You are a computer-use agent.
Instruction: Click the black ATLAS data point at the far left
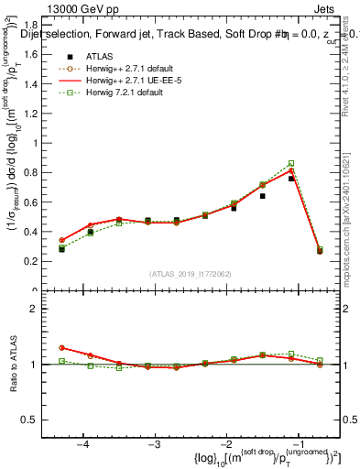click(61, 248)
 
